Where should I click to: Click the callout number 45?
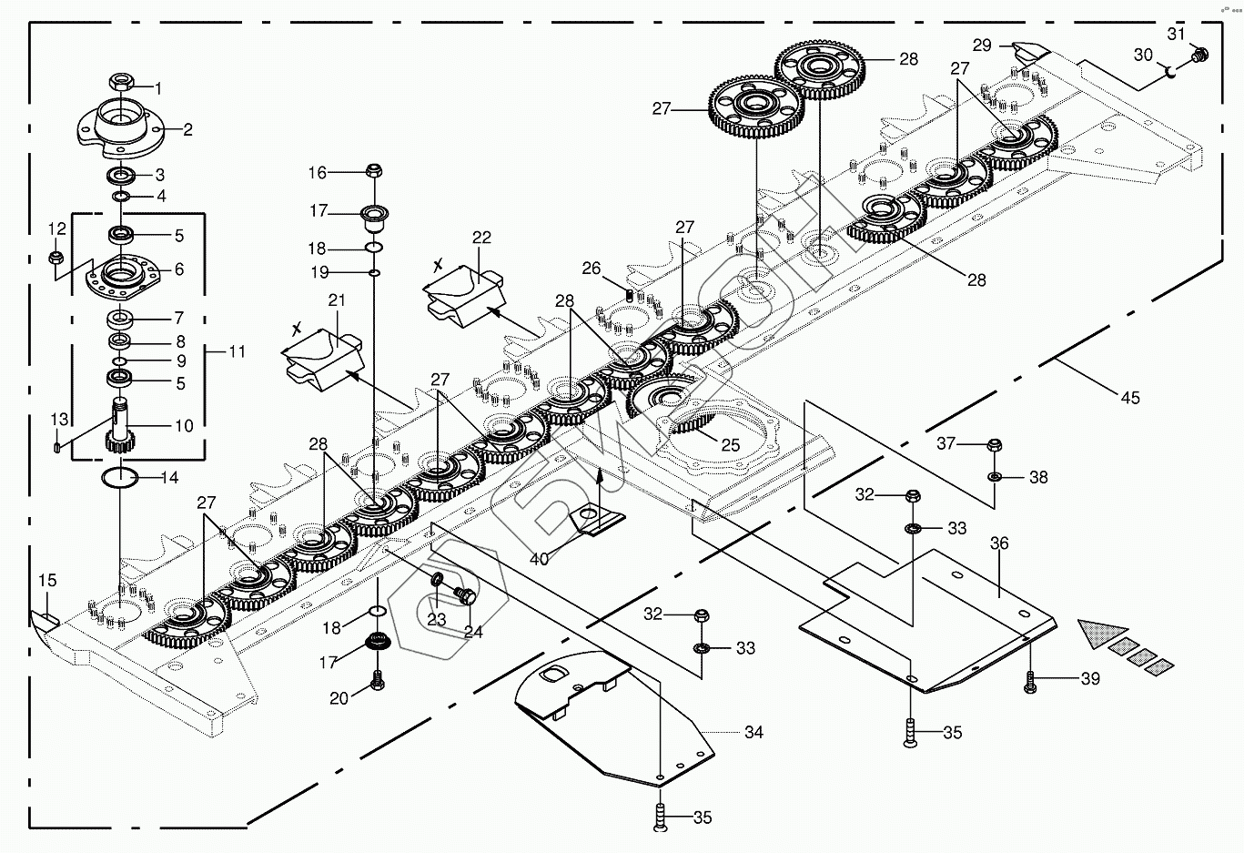coord(1129,398)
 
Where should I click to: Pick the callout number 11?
coord(237,350)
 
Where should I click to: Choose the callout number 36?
coord(999,543)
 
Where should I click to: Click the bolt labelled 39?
coord(1030,681)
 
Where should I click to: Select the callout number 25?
coord(730,446)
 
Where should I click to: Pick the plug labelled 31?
coord(1198,56)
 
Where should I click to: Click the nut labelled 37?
coord(994,445)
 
